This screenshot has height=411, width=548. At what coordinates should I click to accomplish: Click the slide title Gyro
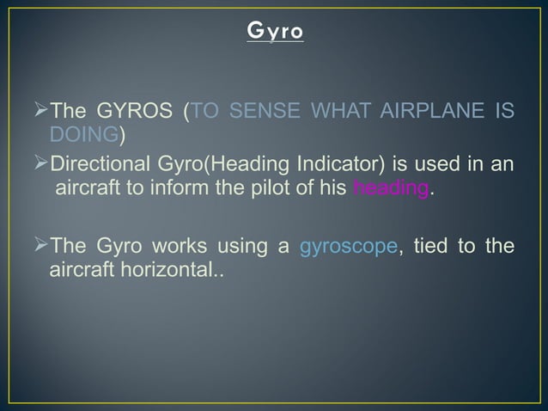click(x=274, y=34)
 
